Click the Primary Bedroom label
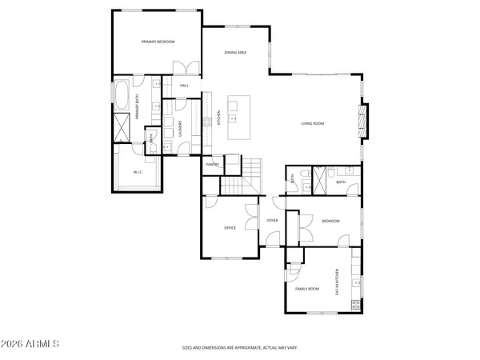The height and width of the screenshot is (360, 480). (158, 42)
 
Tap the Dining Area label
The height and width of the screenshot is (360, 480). (235, 53)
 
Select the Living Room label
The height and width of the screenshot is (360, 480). (312, 123)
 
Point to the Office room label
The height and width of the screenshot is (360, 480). (230, 228)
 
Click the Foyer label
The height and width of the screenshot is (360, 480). (272, 221)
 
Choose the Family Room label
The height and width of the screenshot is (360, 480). (307, 288)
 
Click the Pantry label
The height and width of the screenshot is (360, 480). (212, 165)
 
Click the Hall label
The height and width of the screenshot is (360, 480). (184, 86)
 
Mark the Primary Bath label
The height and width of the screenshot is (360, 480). (138, 107)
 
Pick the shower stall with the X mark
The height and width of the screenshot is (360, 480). (122, 126)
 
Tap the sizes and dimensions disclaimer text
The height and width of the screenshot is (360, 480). (240, 348)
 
